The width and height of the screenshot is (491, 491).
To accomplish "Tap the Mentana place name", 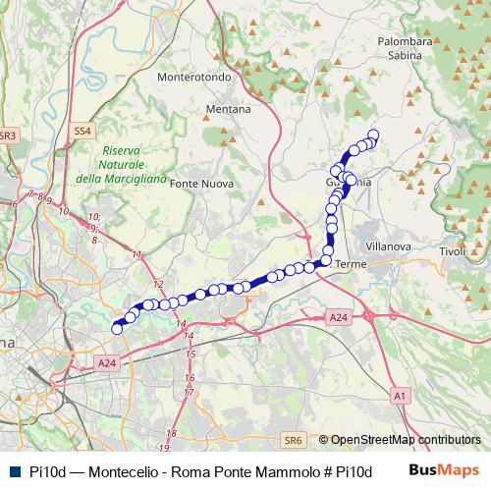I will click(228, 110).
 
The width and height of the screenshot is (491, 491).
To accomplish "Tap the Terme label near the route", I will click(350, 265).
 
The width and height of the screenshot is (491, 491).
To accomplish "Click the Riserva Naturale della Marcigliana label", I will click(117, 164).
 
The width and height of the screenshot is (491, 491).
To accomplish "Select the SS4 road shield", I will click(82, 130).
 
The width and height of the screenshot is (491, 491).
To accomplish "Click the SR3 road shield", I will click(7, 135).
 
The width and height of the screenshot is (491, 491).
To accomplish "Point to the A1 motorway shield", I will click(399, 395).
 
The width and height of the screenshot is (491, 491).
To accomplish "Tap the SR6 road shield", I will click(293, 441).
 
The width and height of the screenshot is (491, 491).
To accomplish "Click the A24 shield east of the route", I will click(338, 317).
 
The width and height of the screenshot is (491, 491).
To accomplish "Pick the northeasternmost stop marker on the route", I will click(373, 136).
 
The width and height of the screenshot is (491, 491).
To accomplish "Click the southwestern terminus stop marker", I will click(117, 329).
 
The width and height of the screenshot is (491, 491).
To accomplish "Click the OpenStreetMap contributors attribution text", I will click(406, 441).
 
